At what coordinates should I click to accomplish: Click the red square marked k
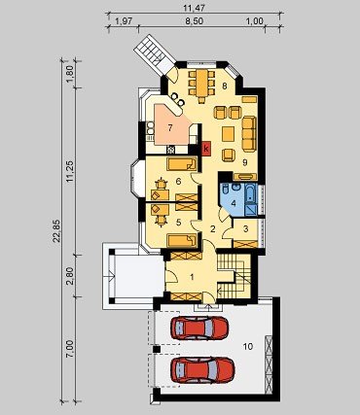coord(206,149)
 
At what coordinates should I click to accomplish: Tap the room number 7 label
coord(170,127)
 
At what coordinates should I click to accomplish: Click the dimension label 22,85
coord(56,230)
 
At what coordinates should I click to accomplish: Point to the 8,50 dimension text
coord(194,21)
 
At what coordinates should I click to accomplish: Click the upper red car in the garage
coord(199,328)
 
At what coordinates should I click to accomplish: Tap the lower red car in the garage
coord(202,369)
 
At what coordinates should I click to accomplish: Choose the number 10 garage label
coord(248,347)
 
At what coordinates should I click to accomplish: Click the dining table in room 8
coord(201,84)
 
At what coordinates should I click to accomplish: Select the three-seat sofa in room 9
coord(249,134)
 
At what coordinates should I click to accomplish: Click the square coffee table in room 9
coord(228,134)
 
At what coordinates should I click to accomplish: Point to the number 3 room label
coord(245,228)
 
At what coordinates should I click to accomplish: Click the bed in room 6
coord(182,164)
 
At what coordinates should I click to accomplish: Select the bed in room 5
coord(182,240)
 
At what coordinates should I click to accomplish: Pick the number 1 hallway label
coord(192,277)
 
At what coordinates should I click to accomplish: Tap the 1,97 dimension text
coord(124,21)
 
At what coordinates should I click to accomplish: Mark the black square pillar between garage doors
coord(157,349)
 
